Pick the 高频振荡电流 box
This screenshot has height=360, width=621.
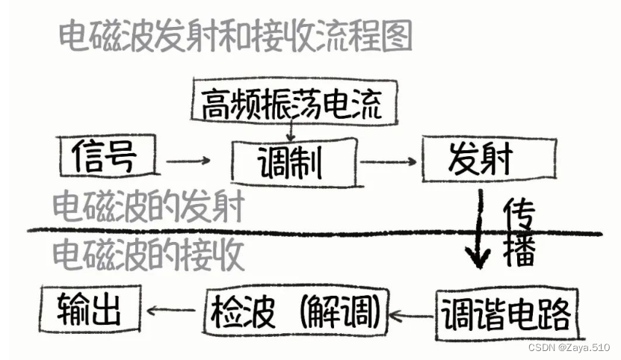tap(291, 105)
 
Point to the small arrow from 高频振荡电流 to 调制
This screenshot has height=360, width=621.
tap(291, 132)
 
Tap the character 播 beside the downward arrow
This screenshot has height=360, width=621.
tap(519, 252)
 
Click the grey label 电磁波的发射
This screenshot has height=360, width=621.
tap(149, 206)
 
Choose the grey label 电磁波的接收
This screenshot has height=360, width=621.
tap(149, 256)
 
